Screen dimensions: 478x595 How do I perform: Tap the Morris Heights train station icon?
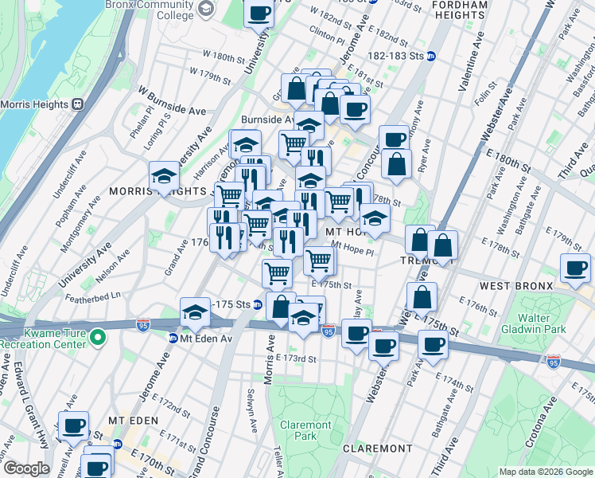(x=78, y=104)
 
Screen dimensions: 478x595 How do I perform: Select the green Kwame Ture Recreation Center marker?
(x=98, y=338)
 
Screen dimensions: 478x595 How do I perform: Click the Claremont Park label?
(x=305, y=430)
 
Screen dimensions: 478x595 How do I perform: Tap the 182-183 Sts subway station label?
(x=402, y=56)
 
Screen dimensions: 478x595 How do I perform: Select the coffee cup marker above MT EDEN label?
(x=74, y=426)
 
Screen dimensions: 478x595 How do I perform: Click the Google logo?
(x=25, y=468)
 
